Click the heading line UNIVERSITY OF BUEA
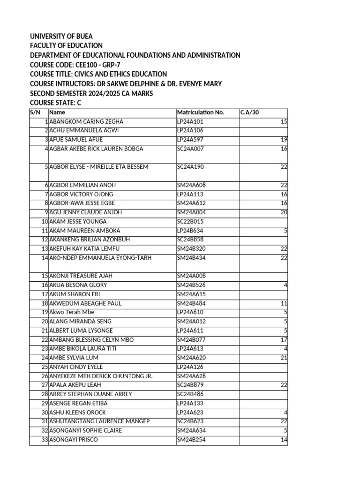61,36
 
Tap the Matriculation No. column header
201,112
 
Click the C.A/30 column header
249,112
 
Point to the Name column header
57,112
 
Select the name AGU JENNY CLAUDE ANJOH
85,212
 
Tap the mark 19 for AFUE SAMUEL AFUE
283,140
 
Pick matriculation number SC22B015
191,221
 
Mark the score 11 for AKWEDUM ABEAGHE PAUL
284,303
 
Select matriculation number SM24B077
191,339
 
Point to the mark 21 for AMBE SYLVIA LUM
283,358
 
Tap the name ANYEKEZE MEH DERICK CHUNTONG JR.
101,376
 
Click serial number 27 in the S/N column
45,385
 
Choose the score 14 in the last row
284,440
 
